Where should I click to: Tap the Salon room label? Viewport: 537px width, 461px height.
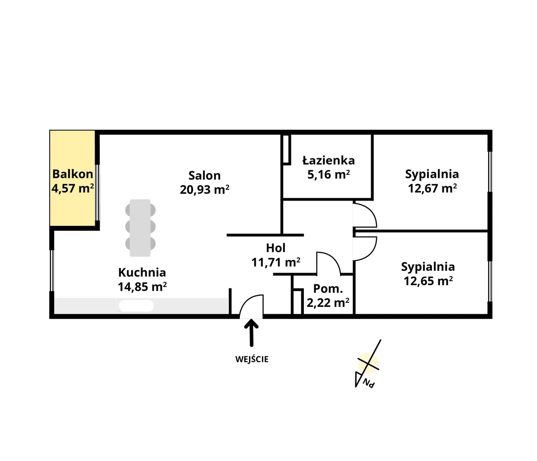tap(204, 176)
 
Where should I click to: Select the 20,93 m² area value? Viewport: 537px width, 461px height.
tap(204, 190)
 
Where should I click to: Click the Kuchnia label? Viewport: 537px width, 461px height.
tap(142, 273)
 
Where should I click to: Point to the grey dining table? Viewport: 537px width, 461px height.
tap(140, 228)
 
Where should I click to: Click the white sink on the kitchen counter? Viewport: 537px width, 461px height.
tap(136, 306)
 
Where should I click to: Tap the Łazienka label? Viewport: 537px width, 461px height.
tap(328, 160)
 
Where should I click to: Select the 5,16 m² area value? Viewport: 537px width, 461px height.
tap(328, 174)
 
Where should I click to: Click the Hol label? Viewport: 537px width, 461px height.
tap(275, 248)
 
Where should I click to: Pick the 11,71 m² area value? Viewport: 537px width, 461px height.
tap(275, 263)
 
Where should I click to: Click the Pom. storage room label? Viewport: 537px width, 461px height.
tap(328, 289)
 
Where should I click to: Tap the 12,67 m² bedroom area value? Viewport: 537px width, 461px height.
tap(432, 188)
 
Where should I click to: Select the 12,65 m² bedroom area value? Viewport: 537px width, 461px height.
tap(428, 281)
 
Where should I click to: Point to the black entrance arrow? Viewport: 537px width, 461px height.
tap(252, 333)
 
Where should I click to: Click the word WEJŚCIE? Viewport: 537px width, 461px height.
tap(252, 359)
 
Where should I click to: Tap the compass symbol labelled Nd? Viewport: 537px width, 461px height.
tap(368, 364)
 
